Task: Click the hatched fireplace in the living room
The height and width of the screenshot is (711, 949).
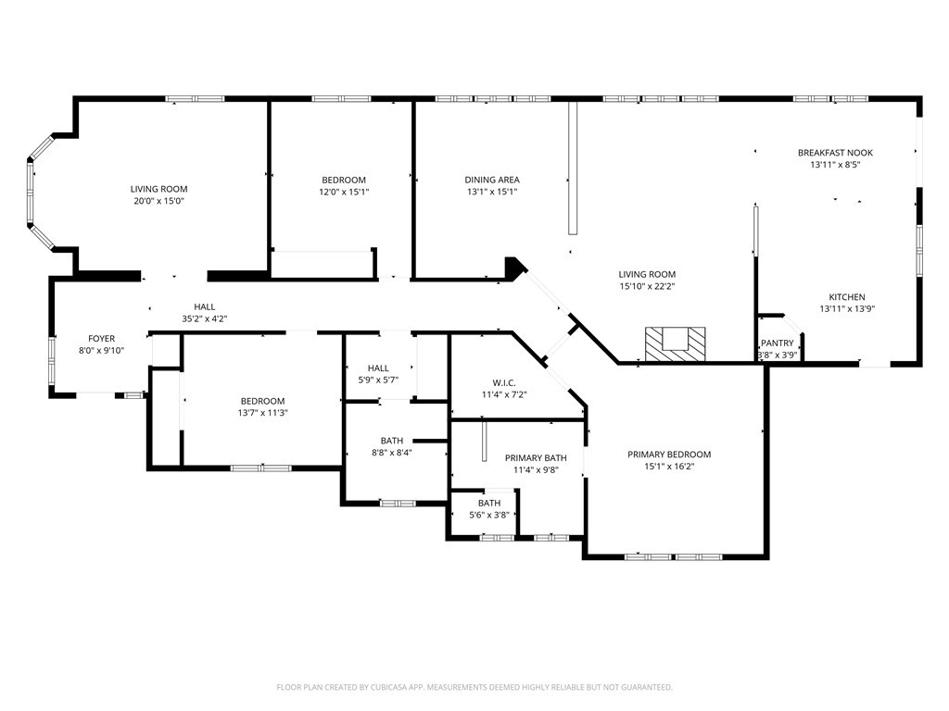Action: click(675, 344)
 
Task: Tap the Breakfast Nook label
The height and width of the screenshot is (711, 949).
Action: click(835, 153)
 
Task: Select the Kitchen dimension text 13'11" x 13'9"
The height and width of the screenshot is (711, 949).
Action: click(847, 309)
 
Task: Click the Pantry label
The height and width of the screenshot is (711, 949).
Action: click(778, 343)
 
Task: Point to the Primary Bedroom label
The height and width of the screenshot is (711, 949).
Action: click(669, 455)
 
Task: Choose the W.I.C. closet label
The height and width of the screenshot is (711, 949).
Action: click(504, 383)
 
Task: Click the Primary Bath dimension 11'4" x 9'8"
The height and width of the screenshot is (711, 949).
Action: click(536, 469)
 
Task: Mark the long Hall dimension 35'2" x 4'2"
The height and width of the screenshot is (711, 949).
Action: click(205, 319)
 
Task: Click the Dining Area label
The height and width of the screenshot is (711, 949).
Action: click(492, 180)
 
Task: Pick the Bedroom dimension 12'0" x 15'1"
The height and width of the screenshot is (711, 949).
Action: click(344, 193)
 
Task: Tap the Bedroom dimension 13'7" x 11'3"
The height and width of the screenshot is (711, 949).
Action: click(262, 414)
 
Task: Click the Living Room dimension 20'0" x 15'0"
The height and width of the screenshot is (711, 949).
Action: click(158, 201)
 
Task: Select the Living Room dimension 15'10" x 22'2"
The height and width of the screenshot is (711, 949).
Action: click(647, 287)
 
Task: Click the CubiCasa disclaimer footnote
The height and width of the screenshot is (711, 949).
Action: click(474, 688)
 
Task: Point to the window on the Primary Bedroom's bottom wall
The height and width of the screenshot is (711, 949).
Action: click(674, 556)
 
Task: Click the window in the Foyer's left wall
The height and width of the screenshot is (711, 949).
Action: click(52, 361)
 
